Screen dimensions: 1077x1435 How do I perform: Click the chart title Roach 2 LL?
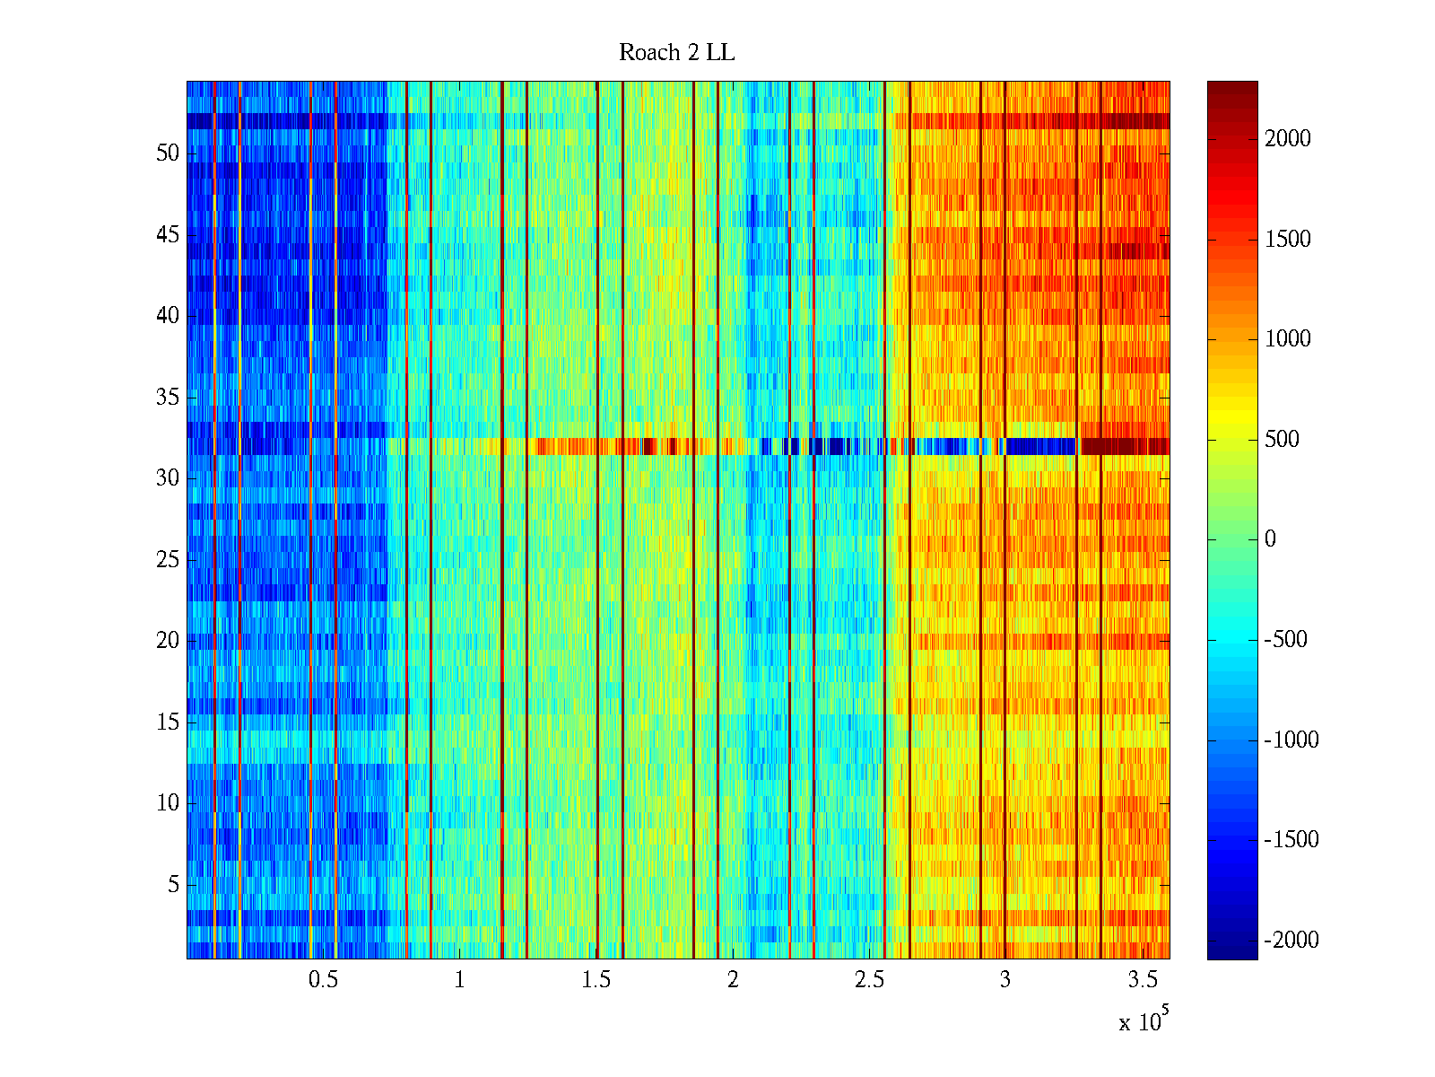click(676, 53)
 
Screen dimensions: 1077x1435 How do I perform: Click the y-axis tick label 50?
click(168, 153)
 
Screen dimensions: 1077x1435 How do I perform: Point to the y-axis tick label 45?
click(168, 235)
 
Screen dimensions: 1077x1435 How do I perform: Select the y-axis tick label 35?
click(168, 397)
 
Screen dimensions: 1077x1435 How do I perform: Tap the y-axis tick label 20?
click(168, 640)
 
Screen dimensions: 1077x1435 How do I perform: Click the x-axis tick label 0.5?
click(323, 980)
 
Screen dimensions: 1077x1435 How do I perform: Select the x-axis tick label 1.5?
click(596, 980)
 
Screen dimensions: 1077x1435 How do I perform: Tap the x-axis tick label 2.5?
click(869, 980)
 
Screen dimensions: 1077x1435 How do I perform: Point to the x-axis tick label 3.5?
click(1142, 980)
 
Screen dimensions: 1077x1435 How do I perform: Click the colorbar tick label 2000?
click(1287, 138)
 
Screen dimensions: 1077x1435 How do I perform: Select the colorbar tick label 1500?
click(1287, 239)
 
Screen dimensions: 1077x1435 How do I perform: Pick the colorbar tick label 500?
click(1282, 439)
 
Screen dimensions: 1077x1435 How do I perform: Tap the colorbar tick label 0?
click(1270, 538)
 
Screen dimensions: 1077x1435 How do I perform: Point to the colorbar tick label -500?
click(1285, 639)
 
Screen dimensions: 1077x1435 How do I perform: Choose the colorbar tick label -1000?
click(1291, 740)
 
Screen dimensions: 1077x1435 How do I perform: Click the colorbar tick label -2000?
click(1291, 940)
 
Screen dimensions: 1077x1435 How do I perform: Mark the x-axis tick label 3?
click(1005, 980)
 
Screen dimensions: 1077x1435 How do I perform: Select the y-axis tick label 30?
click(168, 477)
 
